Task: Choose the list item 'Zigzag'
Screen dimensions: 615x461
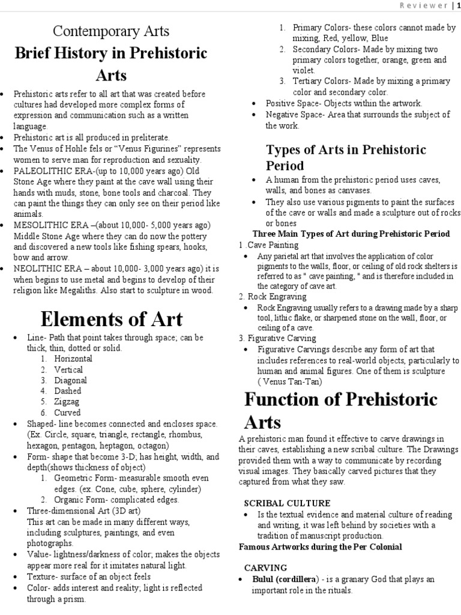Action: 68,402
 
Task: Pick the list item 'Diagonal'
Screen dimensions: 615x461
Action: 71,380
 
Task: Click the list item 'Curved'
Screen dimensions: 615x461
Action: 68,413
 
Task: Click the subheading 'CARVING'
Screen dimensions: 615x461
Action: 266,567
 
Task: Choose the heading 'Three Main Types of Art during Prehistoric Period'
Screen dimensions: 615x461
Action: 351,233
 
